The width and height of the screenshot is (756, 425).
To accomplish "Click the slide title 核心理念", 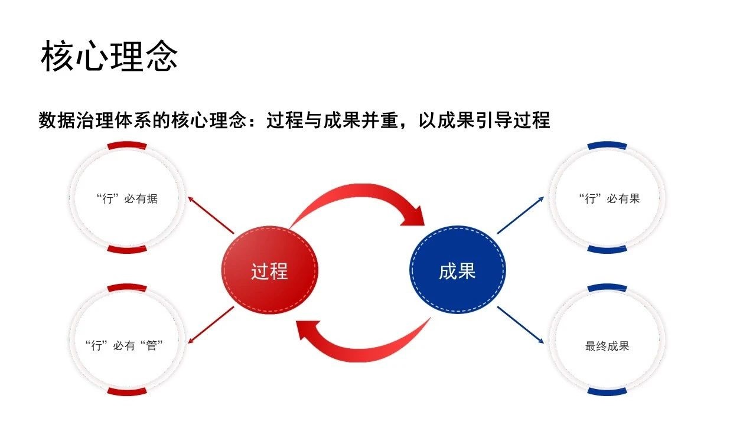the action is (109, 55).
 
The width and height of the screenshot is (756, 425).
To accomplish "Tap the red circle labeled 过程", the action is (269, 270).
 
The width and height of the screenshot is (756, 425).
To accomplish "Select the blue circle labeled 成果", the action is (457, 270).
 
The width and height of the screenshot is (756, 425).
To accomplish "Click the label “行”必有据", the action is (127, 199).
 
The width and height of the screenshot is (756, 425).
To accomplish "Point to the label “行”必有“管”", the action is (124, 346).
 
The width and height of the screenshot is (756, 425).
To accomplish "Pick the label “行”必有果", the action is (609, 199).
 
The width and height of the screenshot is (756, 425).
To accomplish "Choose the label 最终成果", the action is (607, 346).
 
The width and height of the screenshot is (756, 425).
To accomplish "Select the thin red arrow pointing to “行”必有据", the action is (211, 215).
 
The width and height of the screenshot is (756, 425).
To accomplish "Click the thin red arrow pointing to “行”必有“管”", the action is (211, 325).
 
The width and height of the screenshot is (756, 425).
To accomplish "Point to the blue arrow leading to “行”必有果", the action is (520, 215).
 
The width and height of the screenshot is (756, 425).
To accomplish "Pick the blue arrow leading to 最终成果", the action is (520, 325).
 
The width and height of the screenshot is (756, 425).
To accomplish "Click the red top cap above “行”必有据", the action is (127, 145).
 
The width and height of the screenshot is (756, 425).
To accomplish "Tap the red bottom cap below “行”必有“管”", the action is (127, 391).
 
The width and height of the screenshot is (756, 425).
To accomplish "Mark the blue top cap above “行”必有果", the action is (607, 145).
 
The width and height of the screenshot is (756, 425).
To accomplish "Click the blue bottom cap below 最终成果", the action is (607, 391).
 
